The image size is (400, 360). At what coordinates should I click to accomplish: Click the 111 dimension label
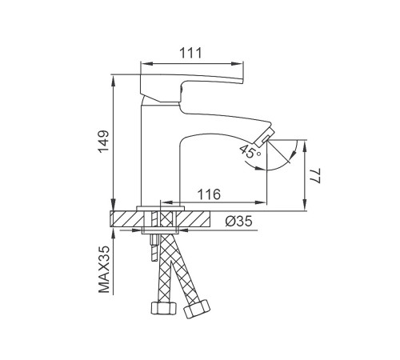[190, 53]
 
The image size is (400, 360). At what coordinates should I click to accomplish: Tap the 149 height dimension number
[104, 142]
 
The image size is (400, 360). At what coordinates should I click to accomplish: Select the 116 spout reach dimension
[209, 194]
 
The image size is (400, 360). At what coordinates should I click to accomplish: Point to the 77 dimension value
[315, 176]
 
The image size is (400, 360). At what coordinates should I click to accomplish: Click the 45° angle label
[250, 151]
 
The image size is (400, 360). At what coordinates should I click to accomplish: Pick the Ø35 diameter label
[238, 221]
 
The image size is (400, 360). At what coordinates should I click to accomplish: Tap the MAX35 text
[104, 270]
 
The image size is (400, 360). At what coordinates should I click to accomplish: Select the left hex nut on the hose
[164, 308]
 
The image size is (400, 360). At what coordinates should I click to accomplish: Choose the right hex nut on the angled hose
[197, 309]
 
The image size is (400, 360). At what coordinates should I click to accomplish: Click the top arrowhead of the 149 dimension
[114, 81]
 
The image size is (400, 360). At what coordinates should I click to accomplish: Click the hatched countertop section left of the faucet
[126, 218]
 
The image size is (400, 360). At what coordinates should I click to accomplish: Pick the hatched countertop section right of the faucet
[194, 218]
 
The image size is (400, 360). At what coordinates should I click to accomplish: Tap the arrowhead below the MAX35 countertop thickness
[114, 234]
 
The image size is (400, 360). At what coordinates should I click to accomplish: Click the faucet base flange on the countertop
[161, 208]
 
